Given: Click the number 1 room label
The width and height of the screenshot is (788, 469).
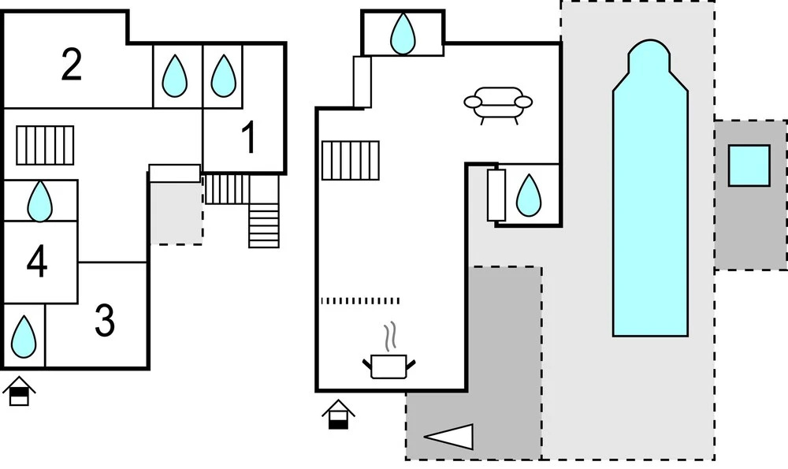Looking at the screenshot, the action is pos(249,137).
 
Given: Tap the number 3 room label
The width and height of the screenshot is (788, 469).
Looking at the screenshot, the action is pos(105,320).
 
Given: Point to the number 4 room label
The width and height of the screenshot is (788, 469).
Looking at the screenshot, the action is pos(37,262).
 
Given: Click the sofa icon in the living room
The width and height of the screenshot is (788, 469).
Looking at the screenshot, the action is pos(497,105).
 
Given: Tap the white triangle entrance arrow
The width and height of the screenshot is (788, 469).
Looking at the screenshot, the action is pos(449,436).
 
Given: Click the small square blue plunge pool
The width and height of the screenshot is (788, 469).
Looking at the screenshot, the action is pos(749,166).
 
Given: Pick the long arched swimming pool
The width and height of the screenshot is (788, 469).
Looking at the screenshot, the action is pos(650,188).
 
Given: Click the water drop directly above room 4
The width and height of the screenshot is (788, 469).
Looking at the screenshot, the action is pos(39,201).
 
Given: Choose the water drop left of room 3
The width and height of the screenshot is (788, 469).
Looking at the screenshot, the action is pos(24,337).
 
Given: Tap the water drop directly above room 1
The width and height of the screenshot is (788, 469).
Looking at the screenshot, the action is pos(223,76).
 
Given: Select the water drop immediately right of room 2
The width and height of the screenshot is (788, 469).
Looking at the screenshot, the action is pos(174,76).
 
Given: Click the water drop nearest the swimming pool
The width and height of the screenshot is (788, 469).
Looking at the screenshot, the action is pos(529,195).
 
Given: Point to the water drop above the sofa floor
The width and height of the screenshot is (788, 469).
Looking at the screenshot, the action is pos(403,33).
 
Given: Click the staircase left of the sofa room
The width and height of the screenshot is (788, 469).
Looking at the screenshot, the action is pos(351,160).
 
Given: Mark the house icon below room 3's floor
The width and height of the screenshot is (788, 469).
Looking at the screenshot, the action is pos(19,391).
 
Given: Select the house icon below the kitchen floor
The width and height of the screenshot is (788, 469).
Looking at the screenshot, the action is pos(338,414).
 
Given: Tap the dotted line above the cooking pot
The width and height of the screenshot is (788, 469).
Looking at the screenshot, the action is pos(360,301).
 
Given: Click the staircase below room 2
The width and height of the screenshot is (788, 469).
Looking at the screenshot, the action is pos(45,145).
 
